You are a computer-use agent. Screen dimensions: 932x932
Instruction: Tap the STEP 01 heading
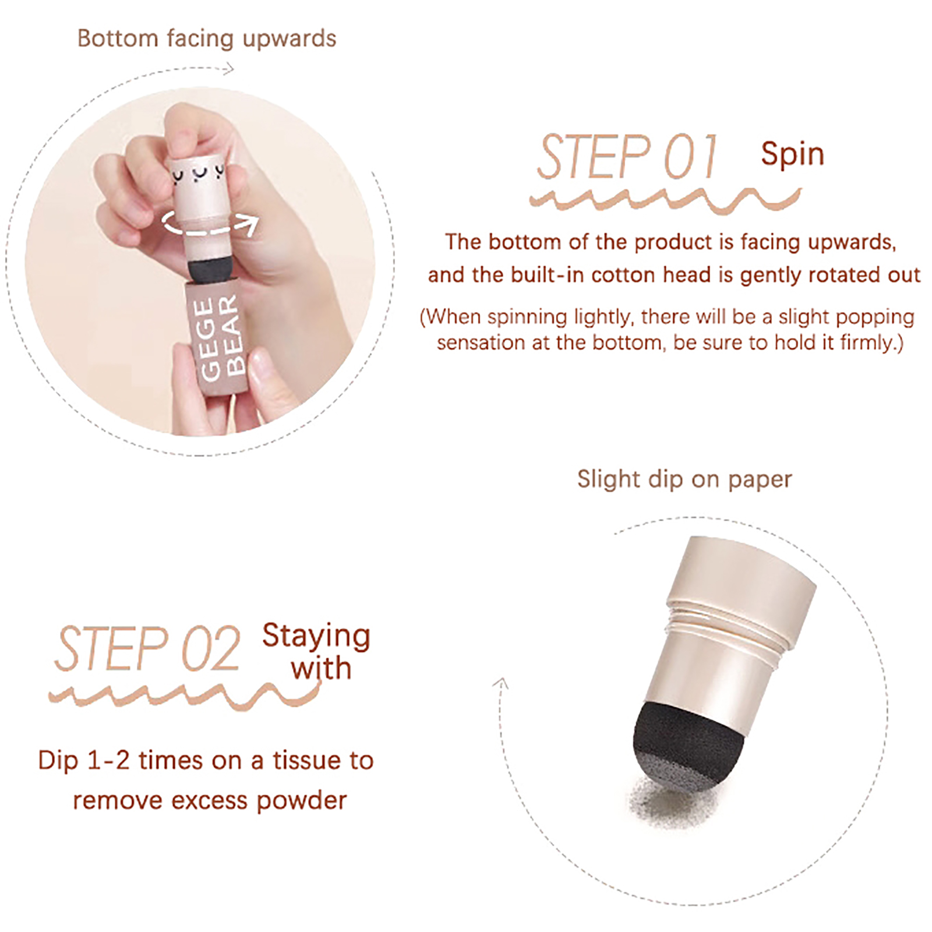tap(627, 156)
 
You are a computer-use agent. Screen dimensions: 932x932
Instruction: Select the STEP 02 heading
tap(147, 648)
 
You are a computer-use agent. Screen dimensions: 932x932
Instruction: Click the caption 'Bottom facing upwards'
tap(207, 38)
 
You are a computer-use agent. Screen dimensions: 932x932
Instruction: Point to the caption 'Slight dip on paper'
tap(684, 479)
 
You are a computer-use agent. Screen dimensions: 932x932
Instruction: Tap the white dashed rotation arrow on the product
tap(209, 223)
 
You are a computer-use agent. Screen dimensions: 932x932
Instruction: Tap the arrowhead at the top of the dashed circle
tap(229, 69)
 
